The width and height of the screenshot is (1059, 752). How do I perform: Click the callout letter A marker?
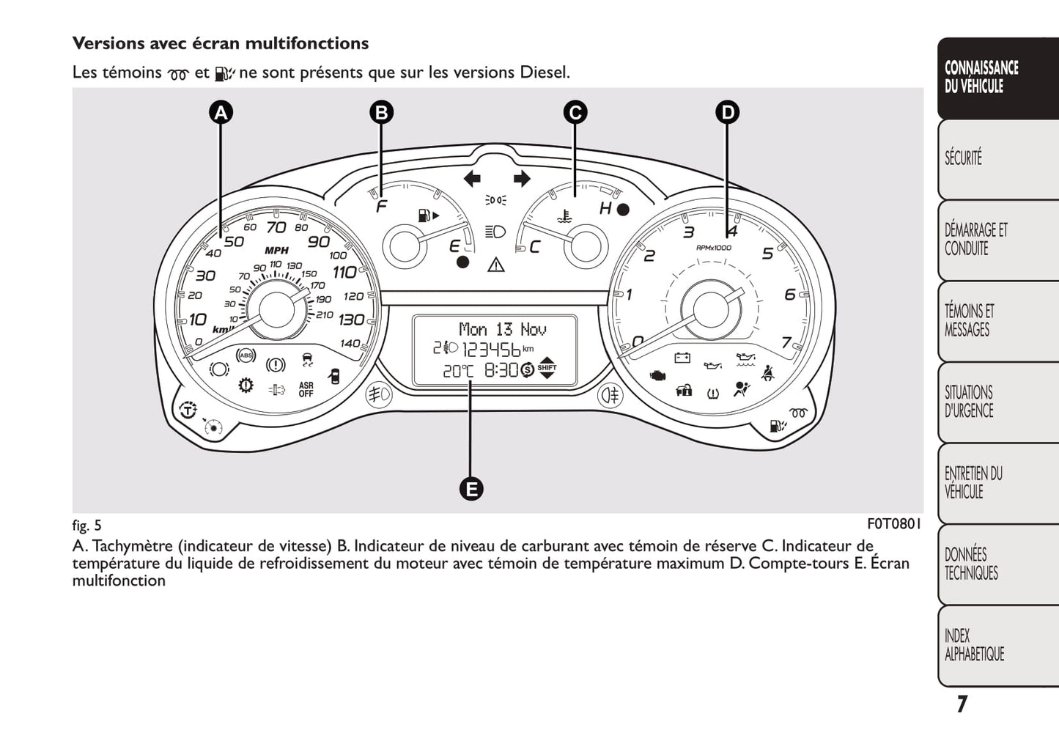click(x=221, y=113)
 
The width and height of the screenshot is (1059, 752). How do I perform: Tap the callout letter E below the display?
click(x=471, y=489)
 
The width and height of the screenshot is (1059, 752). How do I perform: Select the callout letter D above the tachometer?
click(x=727, y=113)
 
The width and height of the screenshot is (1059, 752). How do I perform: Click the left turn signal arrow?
click(x=472, y=178)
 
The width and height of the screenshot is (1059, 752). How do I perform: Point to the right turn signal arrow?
click(x=521, y=178)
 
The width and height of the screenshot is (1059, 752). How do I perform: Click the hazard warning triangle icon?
click(x=496, y=264)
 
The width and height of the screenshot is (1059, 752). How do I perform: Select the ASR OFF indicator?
click(x=306, y=389)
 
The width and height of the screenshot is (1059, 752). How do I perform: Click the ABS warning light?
click(x=246, y=356)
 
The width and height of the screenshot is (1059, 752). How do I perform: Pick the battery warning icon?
click(x=682, y=358)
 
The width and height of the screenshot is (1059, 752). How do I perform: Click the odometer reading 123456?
click(x=491, y=349)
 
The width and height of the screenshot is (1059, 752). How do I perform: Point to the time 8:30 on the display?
click(x=501, y=370)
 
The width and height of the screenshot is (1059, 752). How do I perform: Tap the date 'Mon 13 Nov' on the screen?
click(x=503, y=329)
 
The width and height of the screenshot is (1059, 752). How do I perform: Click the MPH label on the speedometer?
click(x=276, y=250)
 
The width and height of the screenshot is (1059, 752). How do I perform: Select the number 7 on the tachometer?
click(x=786, y=342)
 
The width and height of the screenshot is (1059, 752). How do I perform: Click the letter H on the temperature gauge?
click(x=605, y=209)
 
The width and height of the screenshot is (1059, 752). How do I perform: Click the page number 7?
click(x=962, y=704)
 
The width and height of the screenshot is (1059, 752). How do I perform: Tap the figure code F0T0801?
click(x=893, y=524)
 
